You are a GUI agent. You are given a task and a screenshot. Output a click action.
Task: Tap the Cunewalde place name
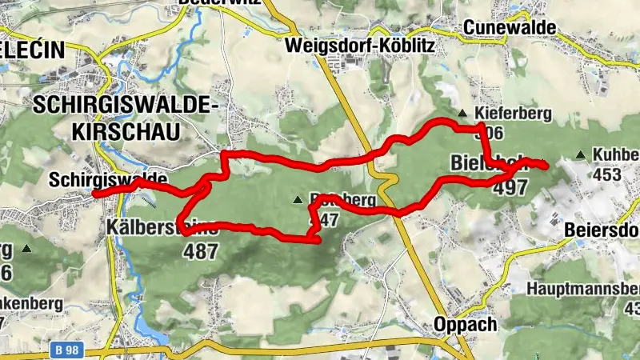(x=509, y=27)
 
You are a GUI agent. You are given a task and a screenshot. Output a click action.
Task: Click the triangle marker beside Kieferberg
(x=462, y=113)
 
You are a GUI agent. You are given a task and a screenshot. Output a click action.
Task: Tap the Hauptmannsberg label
(x=583, y=288)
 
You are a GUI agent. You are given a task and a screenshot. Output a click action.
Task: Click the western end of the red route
(x=94, y=194)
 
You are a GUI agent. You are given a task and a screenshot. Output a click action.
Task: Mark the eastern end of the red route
(x=546, y=166)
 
